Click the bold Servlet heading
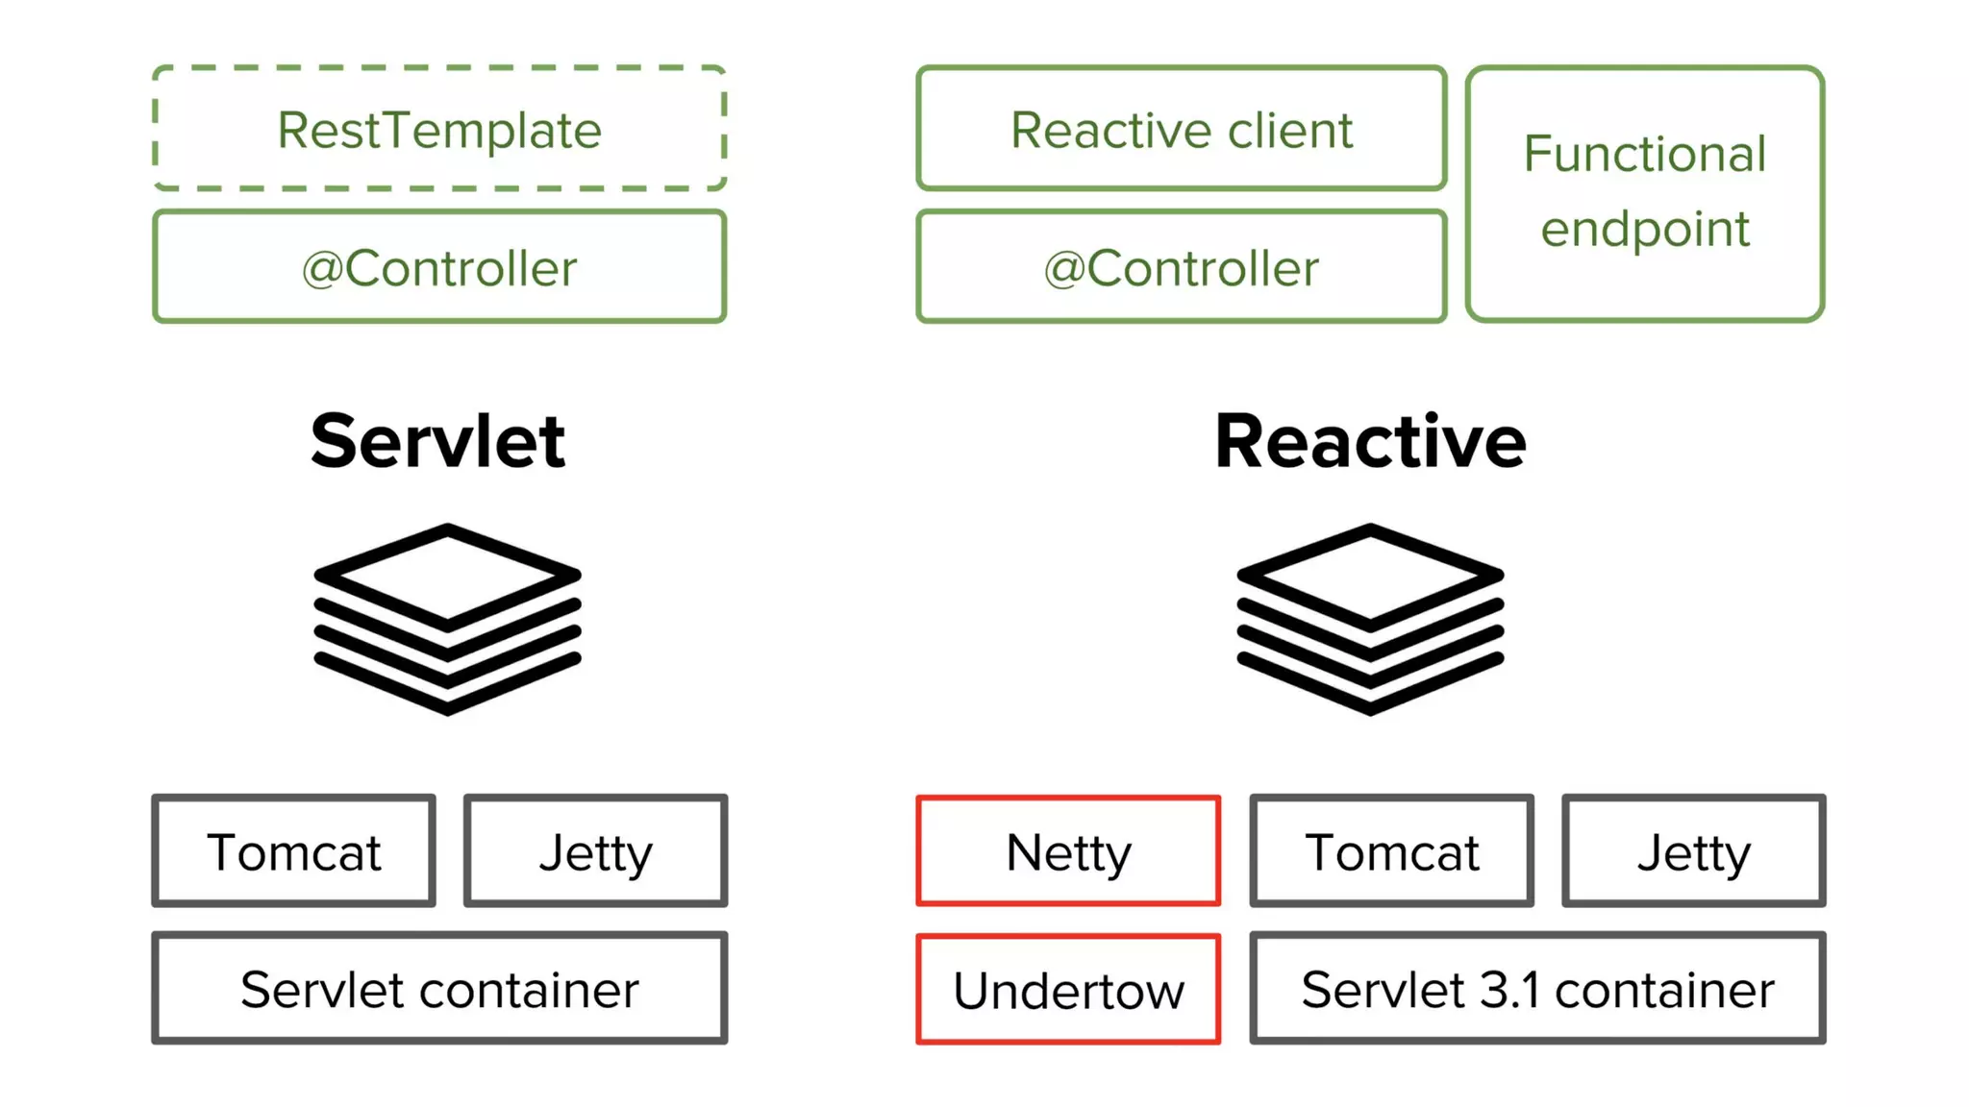coord(438,441)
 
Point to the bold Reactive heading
coord(1370,441)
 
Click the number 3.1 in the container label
coord(1509,990)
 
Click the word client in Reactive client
coord(1290,130)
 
